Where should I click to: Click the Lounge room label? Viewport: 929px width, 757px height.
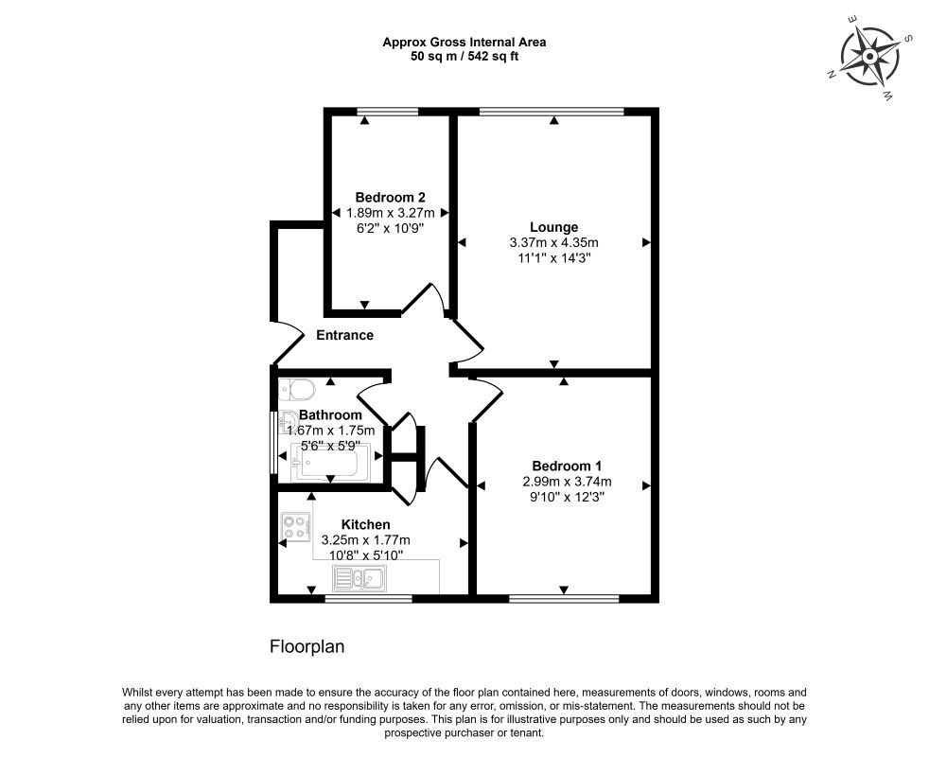553,227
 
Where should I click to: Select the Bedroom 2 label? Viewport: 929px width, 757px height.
391,197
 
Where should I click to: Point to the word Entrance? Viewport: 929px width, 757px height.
344,335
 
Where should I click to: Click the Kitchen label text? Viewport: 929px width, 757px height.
365,524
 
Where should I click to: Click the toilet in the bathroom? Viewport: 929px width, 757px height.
297,390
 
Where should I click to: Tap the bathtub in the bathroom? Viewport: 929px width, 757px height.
330,463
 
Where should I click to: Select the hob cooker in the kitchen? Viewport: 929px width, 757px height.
296,527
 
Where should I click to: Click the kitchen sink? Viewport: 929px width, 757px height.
359,578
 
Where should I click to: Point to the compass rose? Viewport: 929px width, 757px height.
869,57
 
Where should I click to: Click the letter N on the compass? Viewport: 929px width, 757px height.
832,74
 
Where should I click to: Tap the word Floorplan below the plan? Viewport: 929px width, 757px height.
307,646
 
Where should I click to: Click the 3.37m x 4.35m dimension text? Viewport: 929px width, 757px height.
554,242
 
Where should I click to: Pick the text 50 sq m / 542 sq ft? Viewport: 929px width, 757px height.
464,57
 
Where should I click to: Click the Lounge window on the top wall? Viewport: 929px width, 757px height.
552,111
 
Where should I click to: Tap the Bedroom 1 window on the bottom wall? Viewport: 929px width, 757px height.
564,599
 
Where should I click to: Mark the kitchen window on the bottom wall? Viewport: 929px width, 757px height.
369,599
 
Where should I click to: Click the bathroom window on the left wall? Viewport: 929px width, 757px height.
273,443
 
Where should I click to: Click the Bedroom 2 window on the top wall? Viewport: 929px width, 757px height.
388,111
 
